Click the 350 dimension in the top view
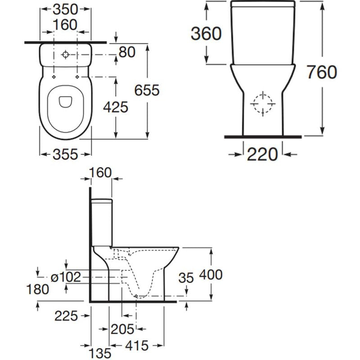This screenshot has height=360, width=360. (66, 9)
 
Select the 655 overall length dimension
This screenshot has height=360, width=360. (147, 90)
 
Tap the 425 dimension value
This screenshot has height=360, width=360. (116, 107)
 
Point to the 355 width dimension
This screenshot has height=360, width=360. (65, 154)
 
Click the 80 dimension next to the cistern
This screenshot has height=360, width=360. (127, 52)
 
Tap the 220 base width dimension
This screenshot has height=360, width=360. (263, 154)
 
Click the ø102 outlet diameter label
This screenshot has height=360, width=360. (66, 277)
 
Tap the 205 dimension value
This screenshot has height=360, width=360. (122, 329)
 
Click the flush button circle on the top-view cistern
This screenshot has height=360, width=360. (66, 55)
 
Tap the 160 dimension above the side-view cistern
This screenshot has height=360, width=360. (101, 172)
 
